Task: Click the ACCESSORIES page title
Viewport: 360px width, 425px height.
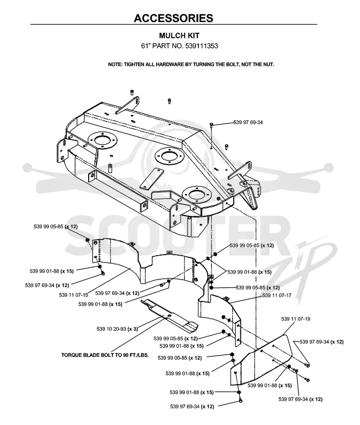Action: (173, 18)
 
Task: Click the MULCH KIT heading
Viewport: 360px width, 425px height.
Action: (179, 36)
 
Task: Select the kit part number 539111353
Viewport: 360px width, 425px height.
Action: (202, 46)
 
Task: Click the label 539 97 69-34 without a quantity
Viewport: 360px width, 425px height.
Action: (248, 122)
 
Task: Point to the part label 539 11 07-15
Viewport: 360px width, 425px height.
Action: (73, 295)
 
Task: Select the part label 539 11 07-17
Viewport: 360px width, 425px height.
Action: (277, 295)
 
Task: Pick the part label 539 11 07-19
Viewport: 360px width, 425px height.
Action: (296, 319)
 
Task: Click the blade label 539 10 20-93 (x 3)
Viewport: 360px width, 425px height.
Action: (117, 329)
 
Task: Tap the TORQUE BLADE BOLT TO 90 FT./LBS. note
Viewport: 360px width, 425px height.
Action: (105, 355)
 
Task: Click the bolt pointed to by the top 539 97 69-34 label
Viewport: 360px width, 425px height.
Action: (211, 124)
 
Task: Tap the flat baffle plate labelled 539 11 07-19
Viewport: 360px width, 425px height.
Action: (261, 361)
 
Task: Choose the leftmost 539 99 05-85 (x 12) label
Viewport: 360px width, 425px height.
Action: (56, 226)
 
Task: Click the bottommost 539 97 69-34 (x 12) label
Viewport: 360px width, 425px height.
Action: (192, 407)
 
